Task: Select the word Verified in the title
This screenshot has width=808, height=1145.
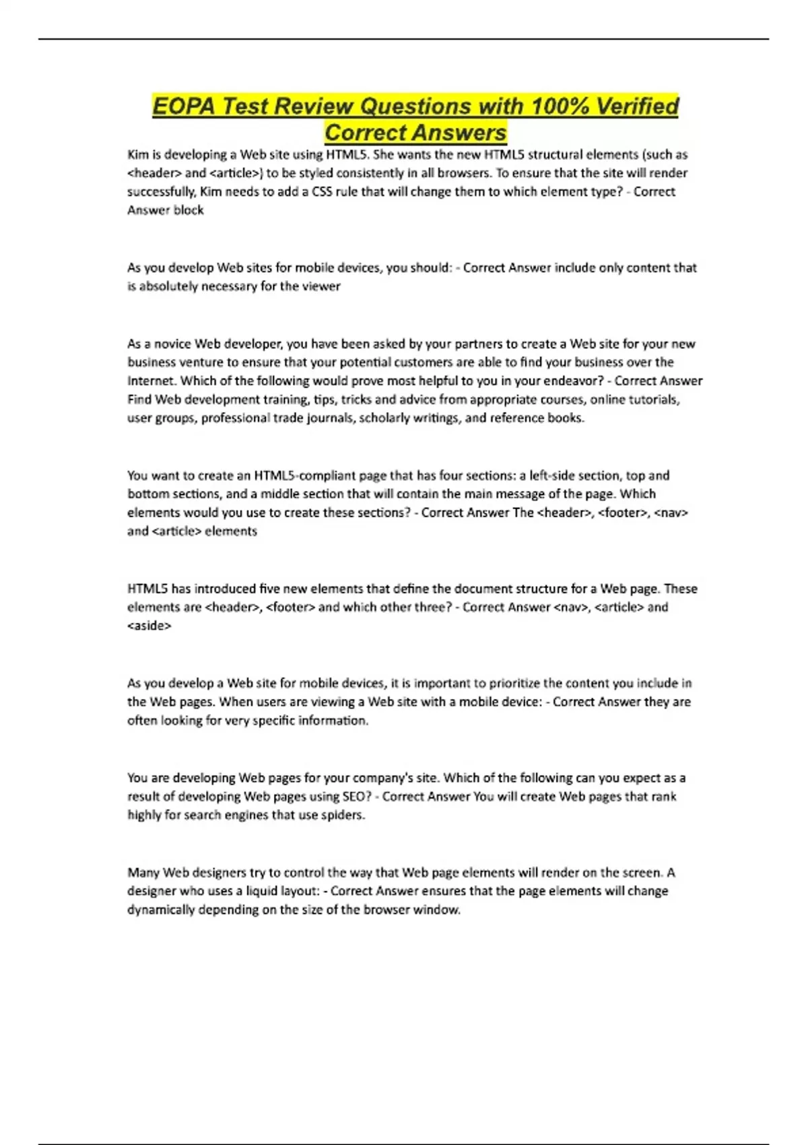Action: click(x=638, y=106)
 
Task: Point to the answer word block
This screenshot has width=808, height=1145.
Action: click(x=189, y=210)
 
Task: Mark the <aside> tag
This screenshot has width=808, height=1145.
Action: click(x=149, y=626)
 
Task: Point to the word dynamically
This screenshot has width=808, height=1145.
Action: click(x=161, y=910)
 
